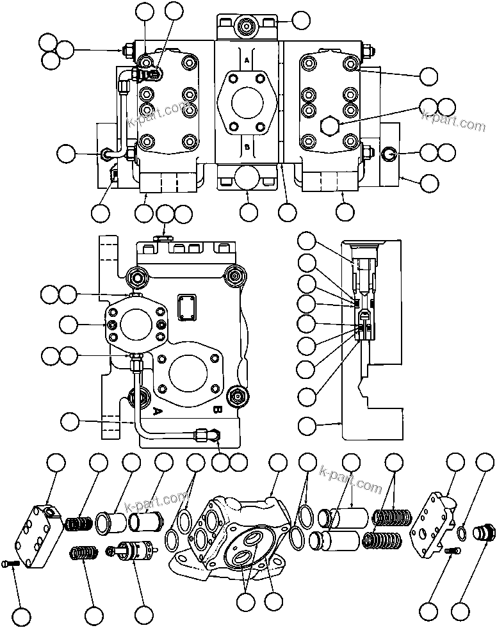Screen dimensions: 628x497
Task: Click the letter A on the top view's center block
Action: pyautogui.click(x=247, y=59)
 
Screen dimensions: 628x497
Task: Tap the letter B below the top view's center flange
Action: pyautogui.click(x=247, y=147)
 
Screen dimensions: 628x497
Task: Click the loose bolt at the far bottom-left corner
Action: pyautogui.click(x=9, y=563)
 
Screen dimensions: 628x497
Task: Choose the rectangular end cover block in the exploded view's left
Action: pyautogui.click(x=40, y=534)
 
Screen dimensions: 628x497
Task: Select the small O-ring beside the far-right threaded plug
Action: pyautogui.click(x=462, y=531)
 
